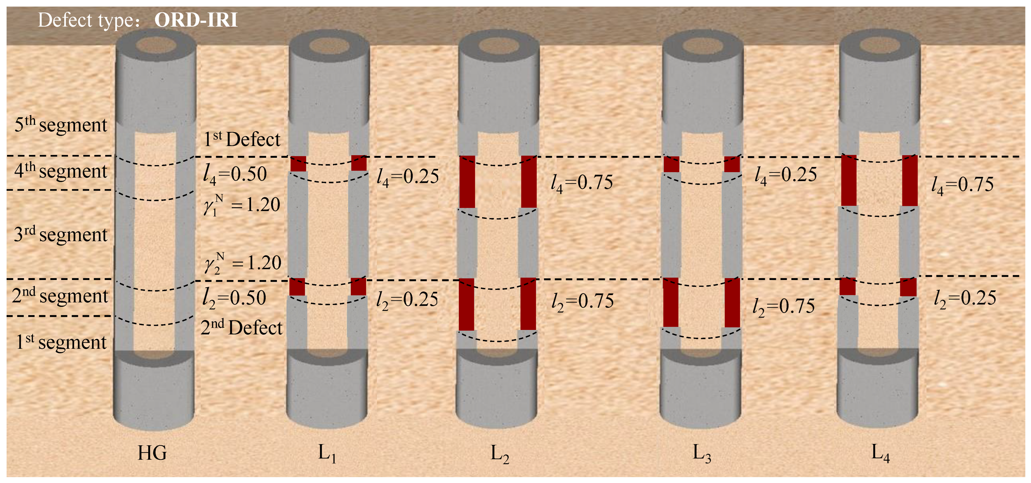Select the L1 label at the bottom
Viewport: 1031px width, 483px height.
click(327, 453)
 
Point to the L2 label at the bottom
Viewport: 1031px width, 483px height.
click(500, 454)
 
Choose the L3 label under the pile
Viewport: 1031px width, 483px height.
click(702, 454)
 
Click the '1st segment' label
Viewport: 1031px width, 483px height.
click(61, 342)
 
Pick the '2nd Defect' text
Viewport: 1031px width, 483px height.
click(241, 328)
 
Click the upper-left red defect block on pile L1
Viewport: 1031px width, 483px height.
click(298, 164)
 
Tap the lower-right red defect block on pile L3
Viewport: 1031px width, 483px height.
click(732, 302)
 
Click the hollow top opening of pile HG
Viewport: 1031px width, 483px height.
click(156, 45)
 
